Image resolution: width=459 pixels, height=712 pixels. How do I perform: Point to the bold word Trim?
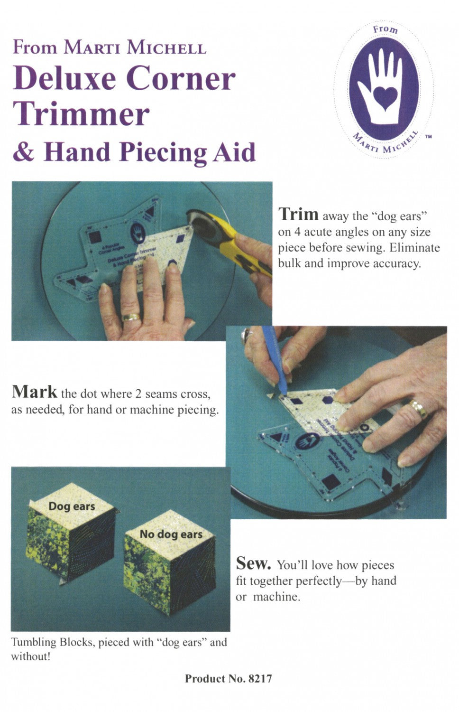(298, 215)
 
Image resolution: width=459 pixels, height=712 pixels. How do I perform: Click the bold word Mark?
(34, 392)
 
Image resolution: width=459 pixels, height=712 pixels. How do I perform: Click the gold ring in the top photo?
(131, 317)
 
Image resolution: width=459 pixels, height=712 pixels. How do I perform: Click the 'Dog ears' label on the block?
(72, 506)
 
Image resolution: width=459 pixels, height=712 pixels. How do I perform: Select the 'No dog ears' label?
(171, 534)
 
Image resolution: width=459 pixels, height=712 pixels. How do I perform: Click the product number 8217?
(260, 679)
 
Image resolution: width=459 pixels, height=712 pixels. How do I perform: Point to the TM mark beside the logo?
(428, 137)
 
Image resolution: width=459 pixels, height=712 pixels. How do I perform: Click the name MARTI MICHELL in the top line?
(135, 48)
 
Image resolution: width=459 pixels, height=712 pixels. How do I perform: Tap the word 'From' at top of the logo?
(386, 30)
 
